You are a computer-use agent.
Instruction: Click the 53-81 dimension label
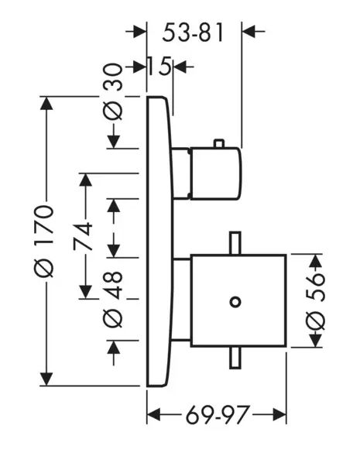click(x=193, y=33)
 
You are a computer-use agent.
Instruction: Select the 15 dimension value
click(x=159, y=67)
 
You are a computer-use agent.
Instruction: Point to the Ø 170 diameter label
click(x=44, y=241)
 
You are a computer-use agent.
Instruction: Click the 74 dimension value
click(x=83, y=237)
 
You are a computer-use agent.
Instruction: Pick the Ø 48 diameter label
click(x=113, y=300)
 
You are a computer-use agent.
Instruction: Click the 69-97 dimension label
click(x=218, y=414)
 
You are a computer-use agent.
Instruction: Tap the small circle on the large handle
click(x=235, y=302)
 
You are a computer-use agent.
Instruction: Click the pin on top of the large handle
click(x=235, y=243)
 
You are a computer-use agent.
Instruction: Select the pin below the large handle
click(x=235, y=358)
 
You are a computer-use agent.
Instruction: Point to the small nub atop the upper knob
click(x=219, y=144)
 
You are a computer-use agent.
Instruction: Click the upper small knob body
click(x=215, y=173)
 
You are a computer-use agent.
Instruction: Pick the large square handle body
click(x=238, y=300)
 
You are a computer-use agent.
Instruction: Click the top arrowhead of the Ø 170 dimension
click(x=46, y=103)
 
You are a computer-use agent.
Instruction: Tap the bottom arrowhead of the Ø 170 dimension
click(x=46, y=379)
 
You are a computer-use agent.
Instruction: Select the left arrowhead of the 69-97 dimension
click(x=153, y=414)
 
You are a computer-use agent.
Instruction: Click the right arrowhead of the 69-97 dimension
click(x=279, y=414)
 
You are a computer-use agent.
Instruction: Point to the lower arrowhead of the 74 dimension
click(x=85, y=292)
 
